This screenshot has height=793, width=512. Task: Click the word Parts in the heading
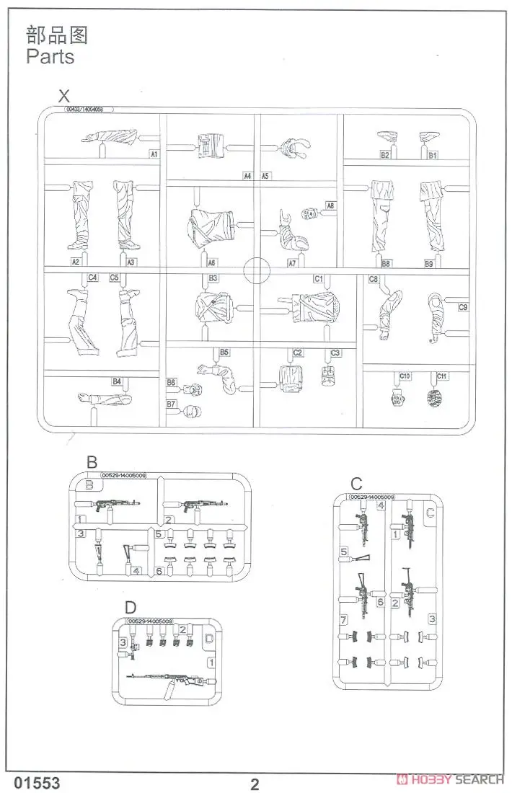click(50, 56)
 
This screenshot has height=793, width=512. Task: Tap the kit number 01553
click(32, 783)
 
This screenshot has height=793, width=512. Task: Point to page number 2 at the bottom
click(255, 784)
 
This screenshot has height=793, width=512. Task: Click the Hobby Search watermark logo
click(450, 779)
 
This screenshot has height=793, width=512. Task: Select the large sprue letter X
click(65, 96)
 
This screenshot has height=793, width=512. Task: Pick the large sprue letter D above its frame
click(130, 608)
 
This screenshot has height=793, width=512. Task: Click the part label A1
click(154, 154)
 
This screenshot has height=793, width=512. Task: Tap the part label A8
click(330, 205)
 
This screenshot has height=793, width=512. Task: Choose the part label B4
click(116, 381)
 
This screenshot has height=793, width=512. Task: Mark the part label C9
click(463, 308)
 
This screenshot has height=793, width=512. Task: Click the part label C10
click(405, 376)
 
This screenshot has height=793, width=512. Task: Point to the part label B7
click(172, 405)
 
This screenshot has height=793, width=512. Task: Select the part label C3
click(335, 353)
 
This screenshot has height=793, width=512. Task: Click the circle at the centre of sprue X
click(257, 272)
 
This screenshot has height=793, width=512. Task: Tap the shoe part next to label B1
click(431, 136)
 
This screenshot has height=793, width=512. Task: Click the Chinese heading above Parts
click(56, 34)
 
